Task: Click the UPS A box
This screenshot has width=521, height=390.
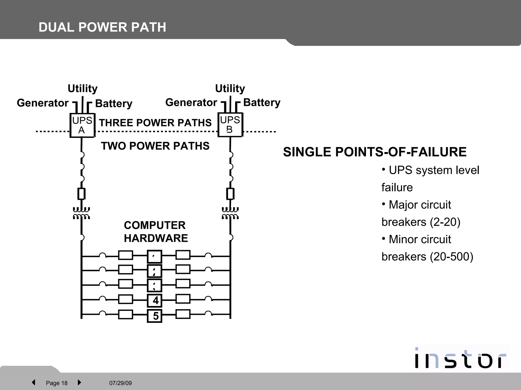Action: coord(82,125)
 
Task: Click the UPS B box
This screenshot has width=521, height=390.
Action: coord(230,125)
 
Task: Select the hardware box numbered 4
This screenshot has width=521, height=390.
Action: coord(155,301)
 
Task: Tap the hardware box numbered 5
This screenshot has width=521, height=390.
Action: coord(155,316)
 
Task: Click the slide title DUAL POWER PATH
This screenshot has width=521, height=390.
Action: coord(102,27)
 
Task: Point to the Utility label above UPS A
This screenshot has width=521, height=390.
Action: coord(82,88)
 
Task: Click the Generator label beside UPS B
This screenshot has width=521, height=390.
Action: coord(191,102)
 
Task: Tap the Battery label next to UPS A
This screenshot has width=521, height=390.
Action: coord(114,103)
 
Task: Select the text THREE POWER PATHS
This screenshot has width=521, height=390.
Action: coord(155,123)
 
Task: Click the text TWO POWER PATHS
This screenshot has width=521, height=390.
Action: coord(155,146)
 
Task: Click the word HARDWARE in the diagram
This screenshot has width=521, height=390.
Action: coord(156,238)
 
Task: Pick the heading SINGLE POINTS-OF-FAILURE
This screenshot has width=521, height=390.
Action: coord(375,152)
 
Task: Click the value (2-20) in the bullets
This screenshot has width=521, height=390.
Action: coord(445,222)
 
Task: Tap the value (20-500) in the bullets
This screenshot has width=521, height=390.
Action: coord(451,257)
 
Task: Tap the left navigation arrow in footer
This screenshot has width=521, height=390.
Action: coord(33,382)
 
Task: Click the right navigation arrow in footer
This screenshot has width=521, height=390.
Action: coord(79,382)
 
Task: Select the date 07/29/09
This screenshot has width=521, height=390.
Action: coord(121,383)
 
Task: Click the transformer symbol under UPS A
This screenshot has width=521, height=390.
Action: coord(81,213)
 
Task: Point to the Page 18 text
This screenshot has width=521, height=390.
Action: coord(56,383)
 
